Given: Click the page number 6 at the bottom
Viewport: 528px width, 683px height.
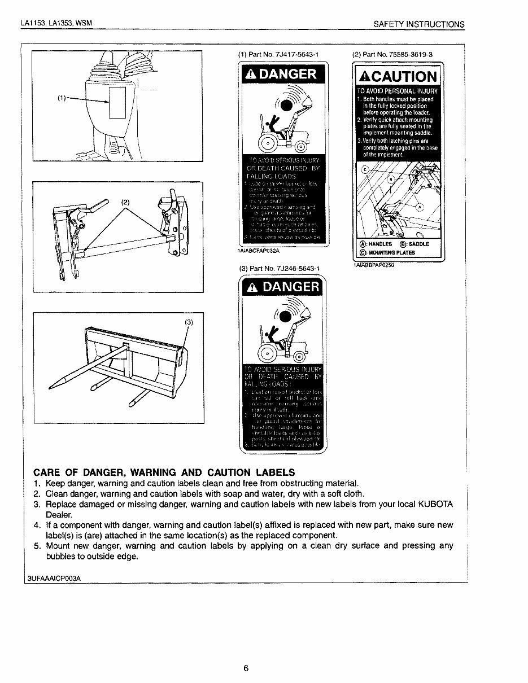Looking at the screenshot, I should pyautogui.click(x=246, y=668).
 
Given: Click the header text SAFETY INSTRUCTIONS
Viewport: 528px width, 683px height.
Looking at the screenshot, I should pyautogui.click(x=419, y=24).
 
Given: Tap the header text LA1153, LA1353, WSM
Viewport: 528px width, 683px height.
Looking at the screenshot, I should pyautogui.click(x=56, y=23).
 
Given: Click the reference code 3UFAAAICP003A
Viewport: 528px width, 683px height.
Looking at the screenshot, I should pyautogui.click(x=54, y=578).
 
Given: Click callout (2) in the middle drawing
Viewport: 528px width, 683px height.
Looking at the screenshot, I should pyautogui.click(x=125, y=202).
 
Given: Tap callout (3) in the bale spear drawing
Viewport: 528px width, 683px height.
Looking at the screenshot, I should pyautogui.click(x=189, y=322).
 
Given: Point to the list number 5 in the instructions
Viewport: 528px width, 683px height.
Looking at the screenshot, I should pyautogui.click(x=37, y=546).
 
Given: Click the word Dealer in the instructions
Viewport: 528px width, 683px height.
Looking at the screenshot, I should pyautogui.click(x=59, y=515).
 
